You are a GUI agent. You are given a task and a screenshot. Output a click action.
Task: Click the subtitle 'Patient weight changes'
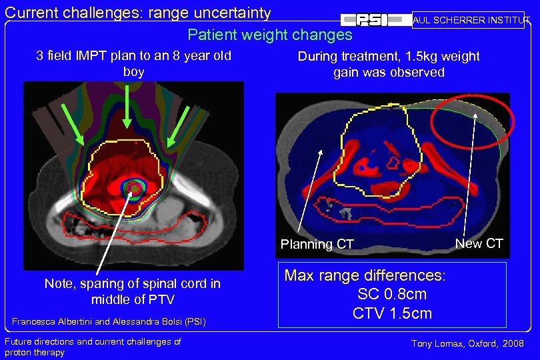point(269,35)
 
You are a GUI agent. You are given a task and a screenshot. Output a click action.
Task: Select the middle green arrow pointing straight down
point(127,107)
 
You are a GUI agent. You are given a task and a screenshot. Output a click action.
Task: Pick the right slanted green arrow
point(178,127)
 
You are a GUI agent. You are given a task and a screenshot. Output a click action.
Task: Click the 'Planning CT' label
point(317,244)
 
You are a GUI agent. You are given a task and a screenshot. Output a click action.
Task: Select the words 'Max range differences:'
point(365,275)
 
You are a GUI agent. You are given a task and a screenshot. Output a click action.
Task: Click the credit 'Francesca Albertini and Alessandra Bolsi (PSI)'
point(109,322)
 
